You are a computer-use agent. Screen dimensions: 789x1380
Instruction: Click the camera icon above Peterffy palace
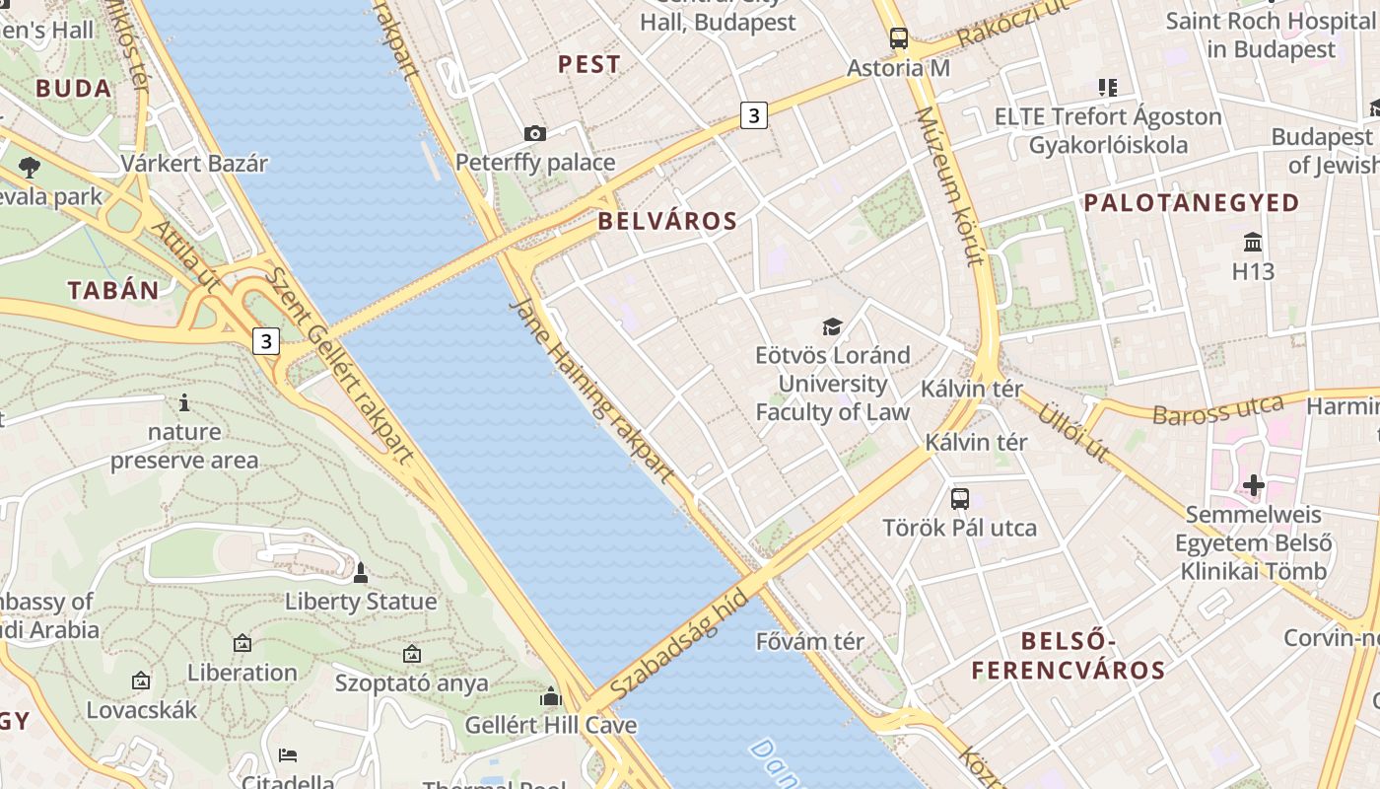pos(534,133)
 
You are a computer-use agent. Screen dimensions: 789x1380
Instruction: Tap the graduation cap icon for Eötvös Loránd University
pos(833,326)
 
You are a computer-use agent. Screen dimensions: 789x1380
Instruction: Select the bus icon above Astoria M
pos(898,38)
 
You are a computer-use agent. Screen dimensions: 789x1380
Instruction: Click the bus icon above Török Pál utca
pos(960,499)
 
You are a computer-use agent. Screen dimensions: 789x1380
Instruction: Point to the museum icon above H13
pos(1253,242)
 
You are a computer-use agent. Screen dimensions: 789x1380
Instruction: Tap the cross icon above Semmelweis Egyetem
pos(1254,485)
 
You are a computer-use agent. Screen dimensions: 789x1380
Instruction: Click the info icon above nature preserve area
pos(184,402)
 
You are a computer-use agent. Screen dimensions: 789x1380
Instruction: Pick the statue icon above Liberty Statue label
pos(361,572)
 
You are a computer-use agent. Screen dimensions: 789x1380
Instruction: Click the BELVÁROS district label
pos(667,221)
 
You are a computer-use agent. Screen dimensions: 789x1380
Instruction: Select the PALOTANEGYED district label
pos(1192,203)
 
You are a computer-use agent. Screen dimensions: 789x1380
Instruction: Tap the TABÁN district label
pos(113,290)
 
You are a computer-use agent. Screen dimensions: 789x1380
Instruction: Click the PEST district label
pos(589,65)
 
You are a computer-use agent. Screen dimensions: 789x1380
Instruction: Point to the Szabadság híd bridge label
pos(679,642)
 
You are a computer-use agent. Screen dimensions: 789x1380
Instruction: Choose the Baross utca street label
pos(1218,409)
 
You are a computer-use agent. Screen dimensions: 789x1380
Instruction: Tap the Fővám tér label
pos(809,642)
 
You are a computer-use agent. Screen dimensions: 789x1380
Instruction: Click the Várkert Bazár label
pos(194,163)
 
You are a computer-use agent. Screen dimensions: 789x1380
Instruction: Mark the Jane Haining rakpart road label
pos(591,391)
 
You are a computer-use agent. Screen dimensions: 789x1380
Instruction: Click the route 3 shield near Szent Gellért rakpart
pos(265,342)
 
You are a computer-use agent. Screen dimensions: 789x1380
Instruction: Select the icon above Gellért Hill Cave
pos(551,697)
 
